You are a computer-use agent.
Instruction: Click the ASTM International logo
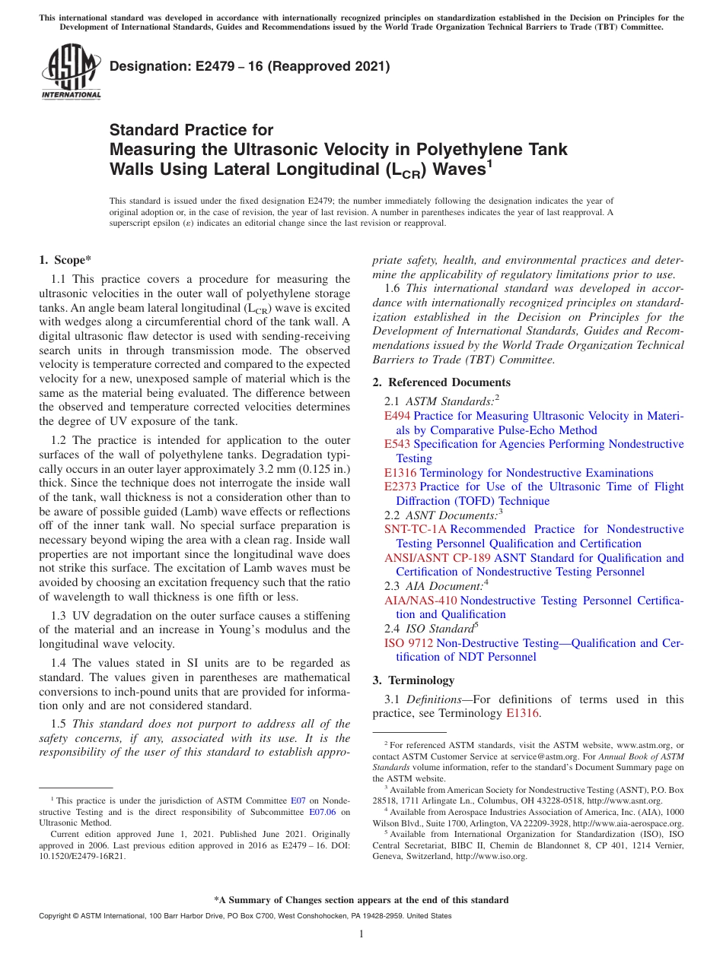71,72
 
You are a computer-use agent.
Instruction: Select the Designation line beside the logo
250,66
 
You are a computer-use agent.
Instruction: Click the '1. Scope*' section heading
65,260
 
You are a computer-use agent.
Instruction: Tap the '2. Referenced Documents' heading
441,382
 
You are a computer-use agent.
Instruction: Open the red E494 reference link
397,416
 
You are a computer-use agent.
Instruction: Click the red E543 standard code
397,444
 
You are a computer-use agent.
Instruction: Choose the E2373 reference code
400,487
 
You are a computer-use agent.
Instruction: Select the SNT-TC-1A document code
416,529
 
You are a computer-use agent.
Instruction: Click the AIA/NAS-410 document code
421,601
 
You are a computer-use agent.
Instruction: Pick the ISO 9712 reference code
409,643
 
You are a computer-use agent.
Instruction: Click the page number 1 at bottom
361,934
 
